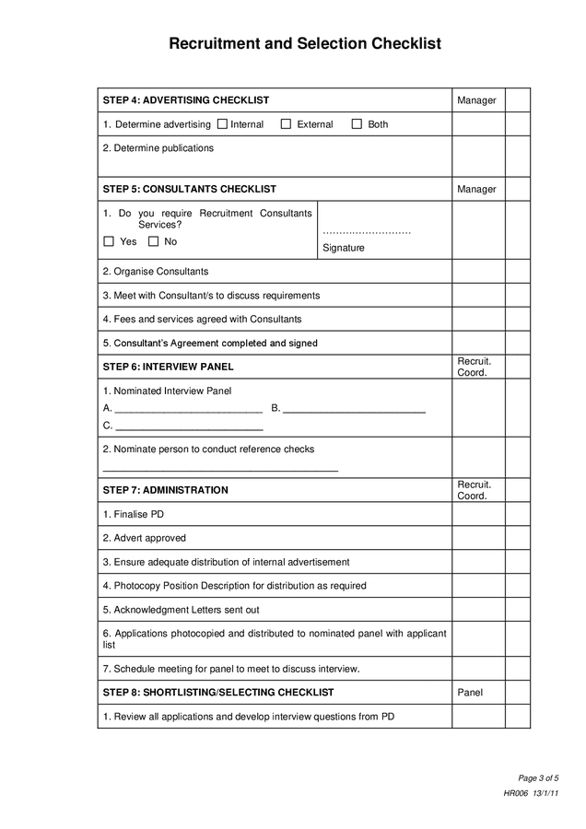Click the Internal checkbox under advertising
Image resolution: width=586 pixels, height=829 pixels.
tap(221, 124)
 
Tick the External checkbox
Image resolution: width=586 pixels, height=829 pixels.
tap(286, 124)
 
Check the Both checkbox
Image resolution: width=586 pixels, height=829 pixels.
tap(357, 124)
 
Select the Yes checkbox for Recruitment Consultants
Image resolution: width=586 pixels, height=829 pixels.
tap(109, 241)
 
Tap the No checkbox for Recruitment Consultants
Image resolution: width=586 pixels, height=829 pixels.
tap(153, 241)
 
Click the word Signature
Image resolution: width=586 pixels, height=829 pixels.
tap(344, 248)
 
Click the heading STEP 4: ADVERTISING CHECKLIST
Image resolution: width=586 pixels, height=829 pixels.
tap(186, 100)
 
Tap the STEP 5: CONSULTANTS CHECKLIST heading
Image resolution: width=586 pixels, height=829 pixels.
tap(190, 189)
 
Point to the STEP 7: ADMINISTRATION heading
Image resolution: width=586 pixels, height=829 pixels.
tap(166, 490)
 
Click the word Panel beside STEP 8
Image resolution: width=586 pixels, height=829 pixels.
tap(470, 693)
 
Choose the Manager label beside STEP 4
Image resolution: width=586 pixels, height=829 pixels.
tap(476, 100)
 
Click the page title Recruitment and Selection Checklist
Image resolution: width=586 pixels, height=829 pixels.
tap(293, 43)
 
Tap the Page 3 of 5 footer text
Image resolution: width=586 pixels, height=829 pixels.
tap(538, 778)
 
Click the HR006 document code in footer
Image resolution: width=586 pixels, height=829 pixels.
tap(515, 793)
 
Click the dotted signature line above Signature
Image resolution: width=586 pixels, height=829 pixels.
tap(367, 231)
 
